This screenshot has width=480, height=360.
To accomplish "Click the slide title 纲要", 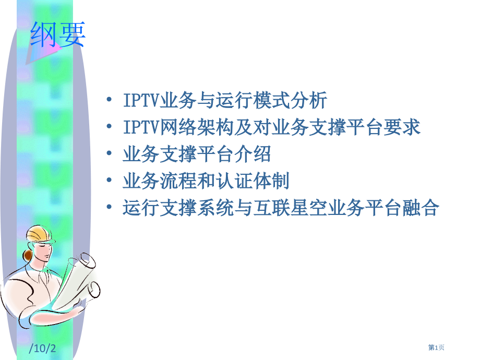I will (57, 35).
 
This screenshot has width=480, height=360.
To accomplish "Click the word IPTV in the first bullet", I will (141, 99).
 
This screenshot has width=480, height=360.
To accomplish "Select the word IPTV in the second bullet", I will (141, 127).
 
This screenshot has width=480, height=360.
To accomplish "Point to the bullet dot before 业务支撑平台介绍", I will (108, 154).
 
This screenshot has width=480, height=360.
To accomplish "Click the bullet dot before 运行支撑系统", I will (108, 209).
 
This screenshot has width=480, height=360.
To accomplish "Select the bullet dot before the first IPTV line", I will (108, 99).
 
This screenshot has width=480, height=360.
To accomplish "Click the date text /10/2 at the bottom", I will (43, 348).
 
